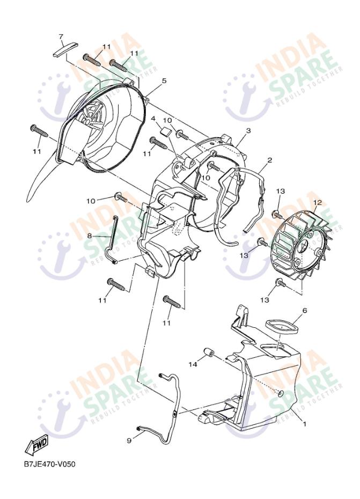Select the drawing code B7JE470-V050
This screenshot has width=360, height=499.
[50, 464]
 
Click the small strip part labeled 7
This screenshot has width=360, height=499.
[65, 49]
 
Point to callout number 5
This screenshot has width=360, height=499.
[164, 81]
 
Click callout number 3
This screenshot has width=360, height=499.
[248, 131]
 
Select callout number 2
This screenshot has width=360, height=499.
[270, 160]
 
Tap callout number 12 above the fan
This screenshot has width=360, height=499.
[318, 202]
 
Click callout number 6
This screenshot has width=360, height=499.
[305, 310]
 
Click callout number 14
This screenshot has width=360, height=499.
[193, 364]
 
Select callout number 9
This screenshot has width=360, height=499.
[129, 441]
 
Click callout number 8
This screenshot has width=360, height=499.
[90, 236]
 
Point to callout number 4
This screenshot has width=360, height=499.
[153, 119]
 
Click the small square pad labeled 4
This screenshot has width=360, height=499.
[164, 131]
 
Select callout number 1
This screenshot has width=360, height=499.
[305, 424]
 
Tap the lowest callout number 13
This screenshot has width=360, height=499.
[265, 300]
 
